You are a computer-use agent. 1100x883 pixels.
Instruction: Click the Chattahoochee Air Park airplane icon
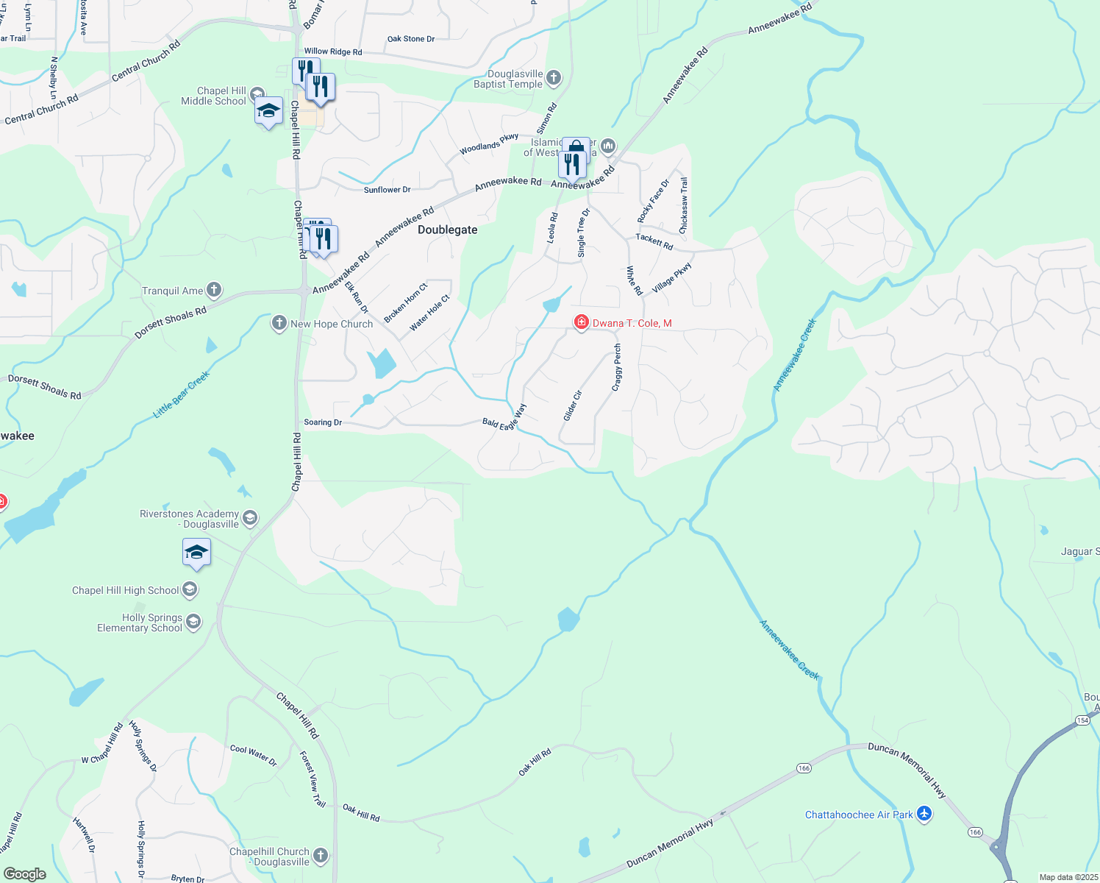coord(924,814)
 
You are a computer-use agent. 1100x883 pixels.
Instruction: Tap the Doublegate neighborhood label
coord(447,230)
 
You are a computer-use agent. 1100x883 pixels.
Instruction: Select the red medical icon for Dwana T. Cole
coord(581,323)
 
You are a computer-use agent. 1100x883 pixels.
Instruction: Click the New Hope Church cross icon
coord(279,323)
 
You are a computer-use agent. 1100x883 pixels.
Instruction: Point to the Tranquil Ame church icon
coord(214,290)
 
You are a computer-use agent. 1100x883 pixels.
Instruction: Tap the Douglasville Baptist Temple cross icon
coord(554,77)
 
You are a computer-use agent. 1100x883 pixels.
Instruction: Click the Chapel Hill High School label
coord(125,590)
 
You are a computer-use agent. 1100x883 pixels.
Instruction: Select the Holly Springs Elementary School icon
coord(193,623)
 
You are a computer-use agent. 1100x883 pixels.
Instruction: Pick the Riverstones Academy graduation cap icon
coord(250,518)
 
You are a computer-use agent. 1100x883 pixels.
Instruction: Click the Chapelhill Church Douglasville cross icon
coord(320,855)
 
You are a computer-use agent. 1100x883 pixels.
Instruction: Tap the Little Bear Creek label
coord(182,394)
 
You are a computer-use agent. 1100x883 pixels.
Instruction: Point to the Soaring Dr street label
coord(323,422)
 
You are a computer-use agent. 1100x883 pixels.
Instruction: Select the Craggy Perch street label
coord(617,367)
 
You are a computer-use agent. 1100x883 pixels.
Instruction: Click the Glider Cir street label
coord(572,405)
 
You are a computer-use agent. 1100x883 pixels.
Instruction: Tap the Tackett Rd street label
coord(654,241)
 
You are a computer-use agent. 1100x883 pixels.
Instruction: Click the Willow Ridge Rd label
coord(333,52)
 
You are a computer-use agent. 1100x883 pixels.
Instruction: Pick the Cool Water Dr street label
coord(254,755)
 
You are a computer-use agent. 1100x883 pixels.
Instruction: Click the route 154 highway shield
coord(1082,720)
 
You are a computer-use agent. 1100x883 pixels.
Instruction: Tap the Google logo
coord(25,874)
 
